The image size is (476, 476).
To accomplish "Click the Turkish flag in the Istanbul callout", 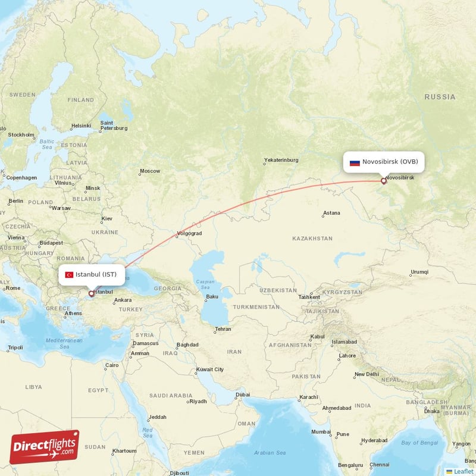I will pos(69,274).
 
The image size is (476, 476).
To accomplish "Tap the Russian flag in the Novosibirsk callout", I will pos(355,162).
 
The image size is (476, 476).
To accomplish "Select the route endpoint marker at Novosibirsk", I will pos(383,181).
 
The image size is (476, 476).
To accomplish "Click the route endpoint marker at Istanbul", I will pos(91,293).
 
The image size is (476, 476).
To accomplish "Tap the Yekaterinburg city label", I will pos(281,160).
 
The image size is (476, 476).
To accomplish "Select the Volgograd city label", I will pos(189,233).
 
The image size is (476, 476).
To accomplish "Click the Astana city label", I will pos(331,213).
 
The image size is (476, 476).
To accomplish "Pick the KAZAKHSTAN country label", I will pos(312,239).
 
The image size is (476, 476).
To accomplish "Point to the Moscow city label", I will pos(149,171).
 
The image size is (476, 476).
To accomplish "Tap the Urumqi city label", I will pos(419,273).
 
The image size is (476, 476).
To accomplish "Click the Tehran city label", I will pos(223,329).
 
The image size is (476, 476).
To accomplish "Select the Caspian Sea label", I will pos(205,284).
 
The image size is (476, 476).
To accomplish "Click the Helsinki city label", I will pos(81,126).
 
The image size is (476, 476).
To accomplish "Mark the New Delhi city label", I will pos(366,374).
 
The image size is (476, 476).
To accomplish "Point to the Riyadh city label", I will pos(198,401).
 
